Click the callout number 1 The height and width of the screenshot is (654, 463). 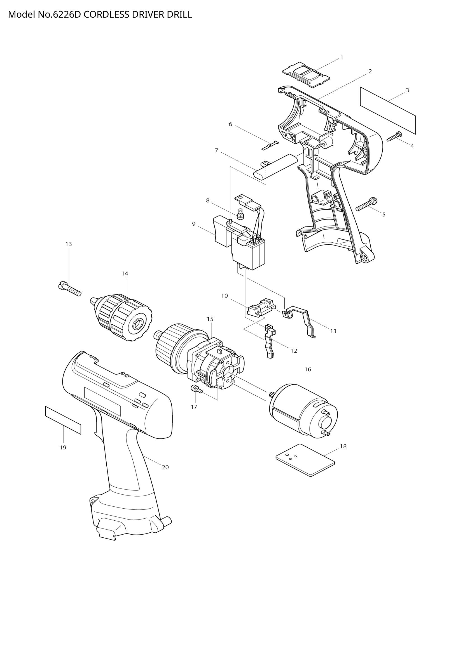coord(342,57)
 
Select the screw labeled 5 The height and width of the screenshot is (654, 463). coord(367,204)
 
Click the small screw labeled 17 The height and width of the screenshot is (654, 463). coord(197,389)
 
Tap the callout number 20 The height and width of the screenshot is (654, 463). coord(165,467)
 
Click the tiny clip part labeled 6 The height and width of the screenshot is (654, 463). coord(270,145)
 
